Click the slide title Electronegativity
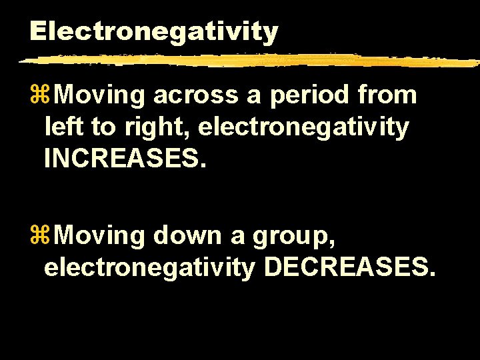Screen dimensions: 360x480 [153, 31]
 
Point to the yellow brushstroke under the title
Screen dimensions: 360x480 [247, 61]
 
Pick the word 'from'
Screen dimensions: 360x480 [387, 96]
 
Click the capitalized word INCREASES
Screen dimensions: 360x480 [122, 159]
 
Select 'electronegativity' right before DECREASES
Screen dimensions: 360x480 [149, 267]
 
